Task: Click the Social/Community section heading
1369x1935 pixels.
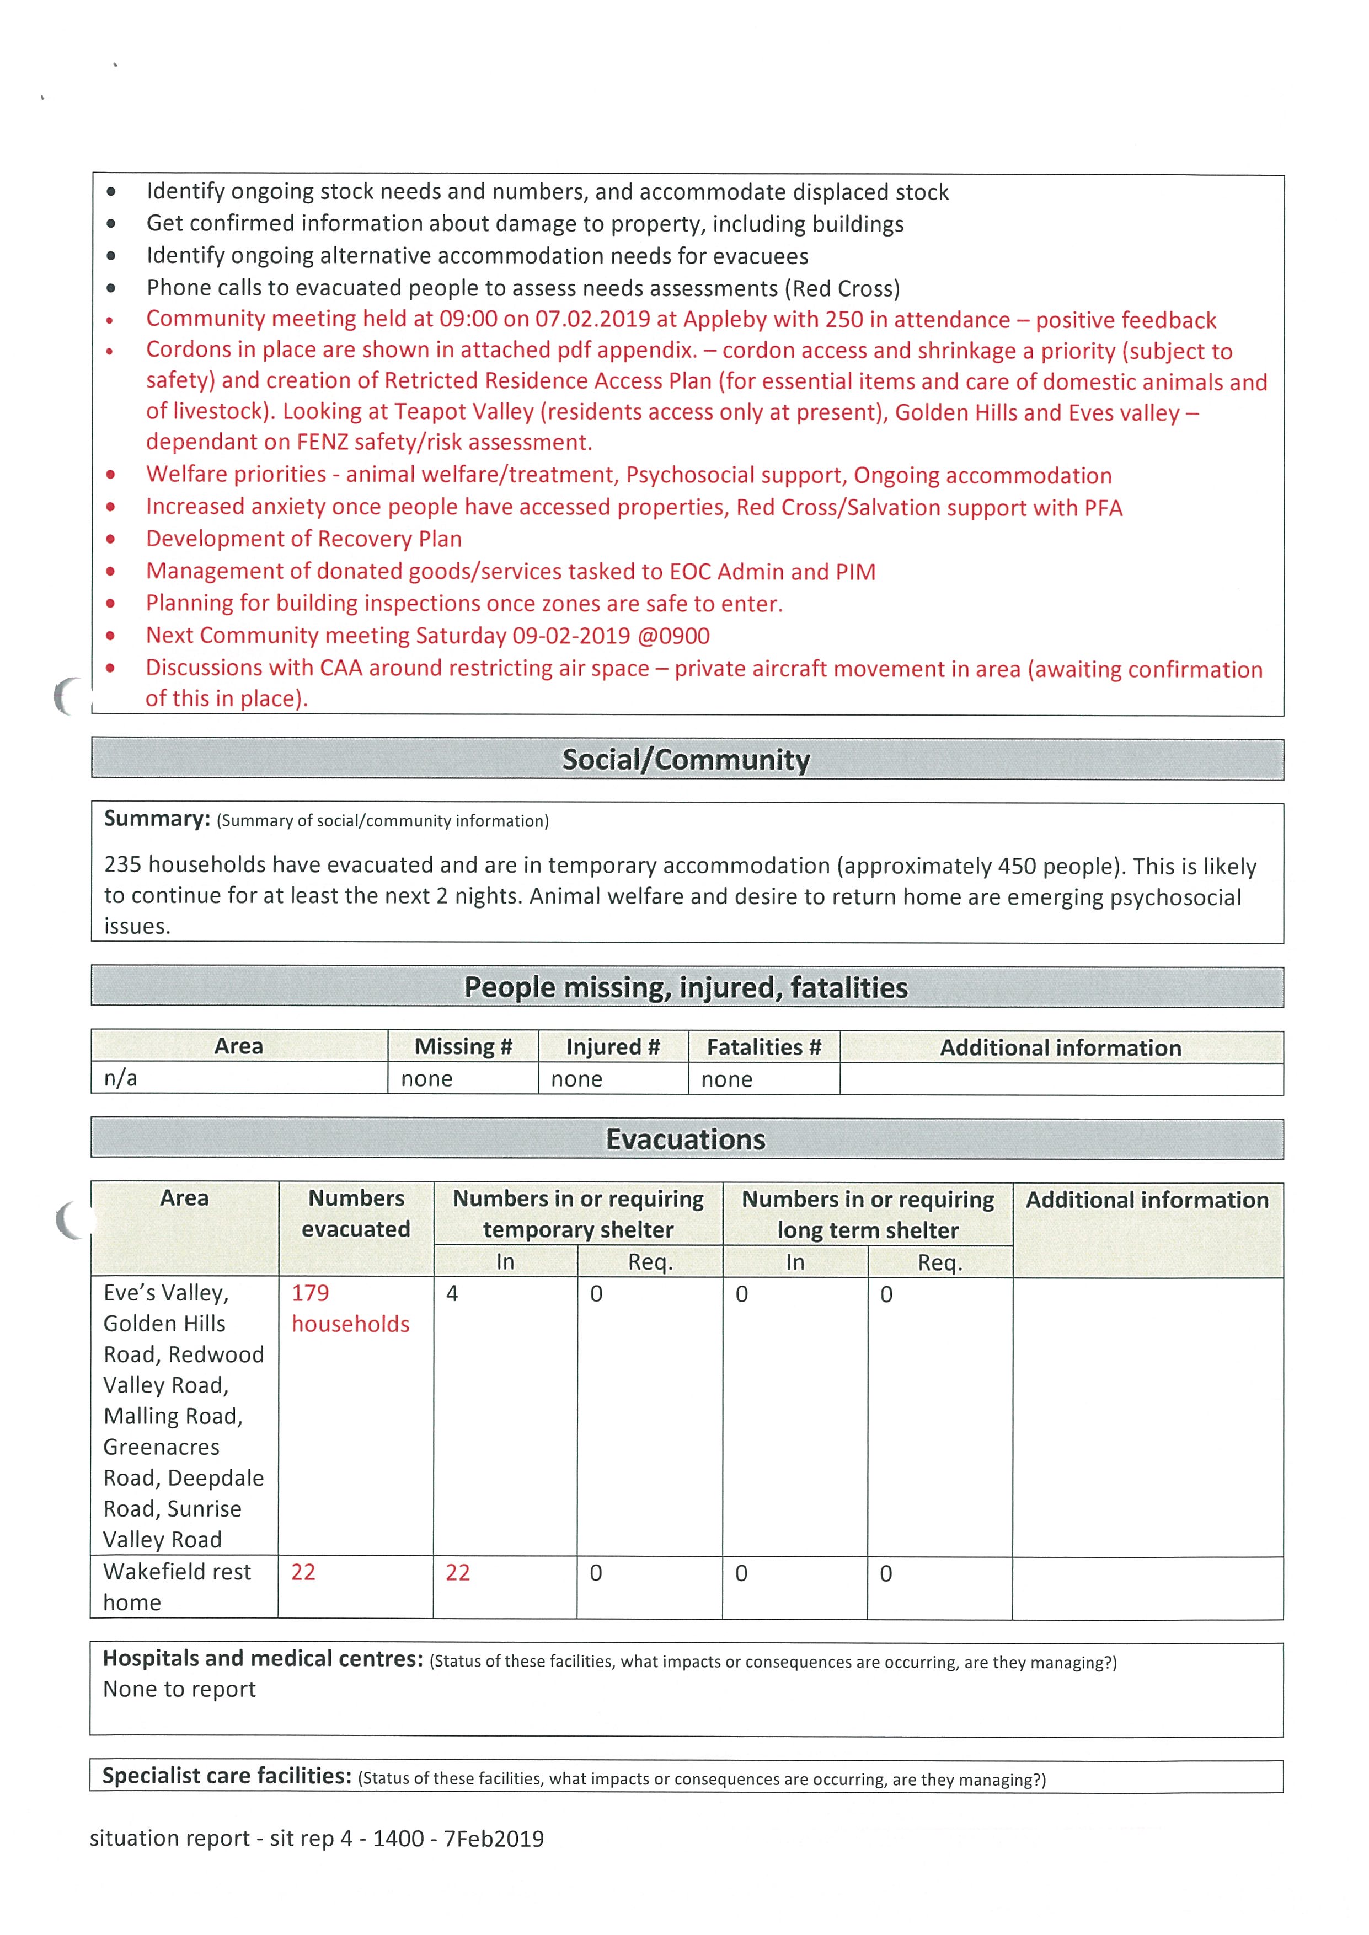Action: [x=686, y=759]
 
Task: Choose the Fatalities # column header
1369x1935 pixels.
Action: [x=764, y=1047]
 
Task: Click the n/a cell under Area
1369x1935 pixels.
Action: [x=121, y=1078]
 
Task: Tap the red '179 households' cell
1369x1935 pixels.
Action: [x=350, y=1308]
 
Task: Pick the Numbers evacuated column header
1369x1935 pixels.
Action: [x=356, y=1213]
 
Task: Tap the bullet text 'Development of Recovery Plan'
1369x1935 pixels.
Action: [x=303, y=539]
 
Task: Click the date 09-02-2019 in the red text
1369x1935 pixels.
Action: [x=571, y=636]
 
